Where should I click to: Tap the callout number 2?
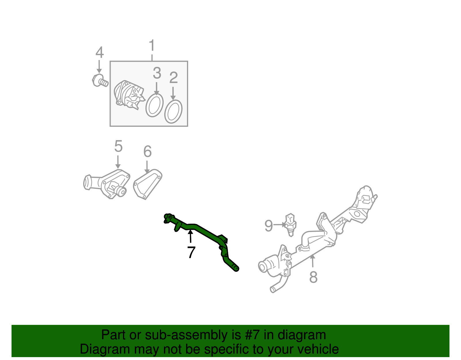pos(173,78)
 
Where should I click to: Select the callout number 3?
pos(157,73)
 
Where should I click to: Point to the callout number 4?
pos(99,52)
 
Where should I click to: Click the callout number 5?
pos(118,146)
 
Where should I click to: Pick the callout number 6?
pos(148,151)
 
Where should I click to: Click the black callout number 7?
pos(191,252)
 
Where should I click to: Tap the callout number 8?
pos(313,277)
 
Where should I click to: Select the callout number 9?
pos(269,226)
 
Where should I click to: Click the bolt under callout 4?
pos(100,81)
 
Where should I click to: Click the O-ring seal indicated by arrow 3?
pos(154,105)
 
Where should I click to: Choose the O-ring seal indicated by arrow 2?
pos(173,112)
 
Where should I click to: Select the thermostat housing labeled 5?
pos(107,184)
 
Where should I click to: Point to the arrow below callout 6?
pos(147,167)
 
